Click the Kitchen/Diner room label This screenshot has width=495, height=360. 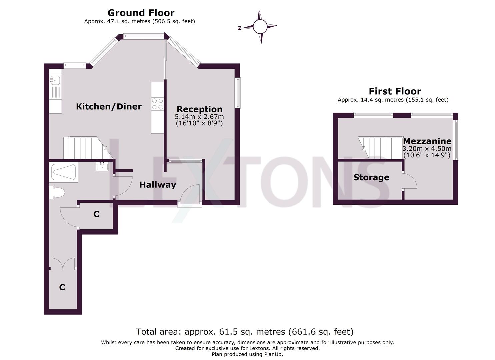(x=109, y=106)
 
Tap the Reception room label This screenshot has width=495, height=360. (x=199, y=109)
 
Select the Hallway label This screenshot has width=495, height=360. (x=157, y=185)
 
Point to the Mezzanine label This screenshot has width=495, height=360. (x=427, y=141)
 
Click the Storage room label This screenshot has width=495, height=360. (x=371, y=177)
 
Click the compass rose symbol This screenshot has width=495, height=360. (x=260, y=27)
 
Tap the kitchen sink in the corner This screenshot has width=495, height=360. (x=55, y=80)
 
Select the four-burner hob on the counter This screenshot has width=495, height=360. (x=158, y=104)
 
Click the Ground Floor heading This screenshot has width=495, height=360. (x=141, y=13)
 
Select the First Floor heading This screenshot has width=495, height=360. (x=395, y=91)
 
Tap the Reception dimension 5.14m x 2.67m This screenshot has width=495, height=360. (x=199, y=117)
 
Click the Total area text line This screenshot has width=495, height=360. (x=245, y=332)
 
